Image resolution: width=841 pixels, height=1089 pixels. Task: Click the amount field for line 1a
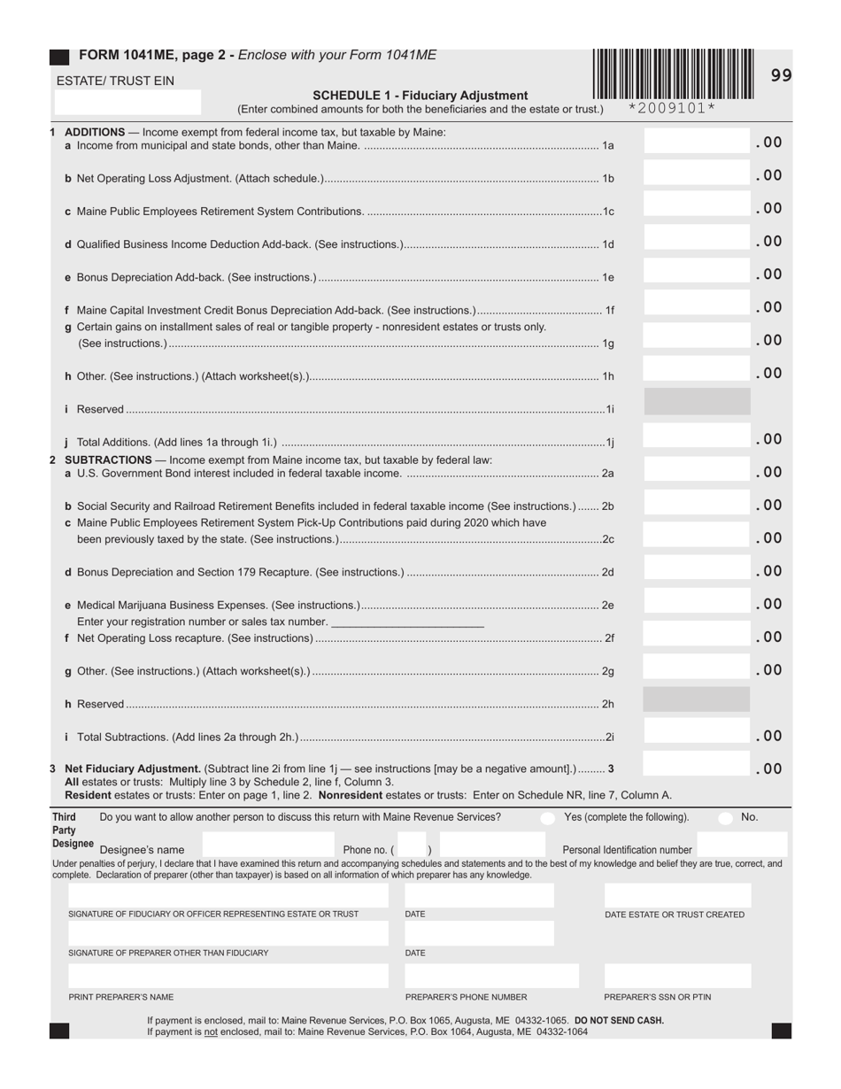697,142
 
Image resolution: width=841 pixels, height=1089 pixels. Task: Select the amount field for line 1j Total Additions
697,438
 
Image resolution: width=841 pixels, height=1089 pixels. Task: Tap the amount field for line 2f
697,636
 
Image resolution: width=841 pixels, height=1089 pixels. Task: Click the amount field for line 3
697,767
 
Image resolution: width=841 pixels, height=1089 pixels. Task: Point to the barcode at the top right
673,74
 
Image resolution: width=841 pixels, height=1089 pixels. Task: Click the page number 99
781,76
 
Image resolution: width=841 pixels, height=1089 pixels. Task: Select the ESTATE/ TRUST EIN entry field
128,103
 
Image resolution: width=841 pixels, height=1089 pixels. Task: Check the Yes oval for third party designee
548,818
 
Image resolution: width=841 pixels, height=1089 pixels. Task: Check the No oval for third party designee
725,818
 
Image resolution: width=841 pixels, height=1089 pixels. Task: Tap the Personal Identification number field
741,845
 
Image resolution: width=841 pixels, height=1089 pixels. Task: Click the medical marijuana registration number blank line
407,622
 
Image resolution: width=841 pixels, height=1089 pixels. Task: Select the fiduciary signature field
228,895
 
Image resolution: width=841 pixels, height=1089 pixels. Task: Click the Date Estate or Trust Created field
677,895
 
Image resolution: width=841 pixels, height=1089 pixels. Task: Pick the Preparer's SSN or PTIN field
677,976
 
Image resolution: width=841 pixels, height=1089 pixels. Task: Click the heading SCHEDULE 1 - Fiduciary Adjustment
420,96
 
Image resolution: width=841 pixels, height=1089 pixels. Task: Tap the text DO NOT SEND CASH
619,1021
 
